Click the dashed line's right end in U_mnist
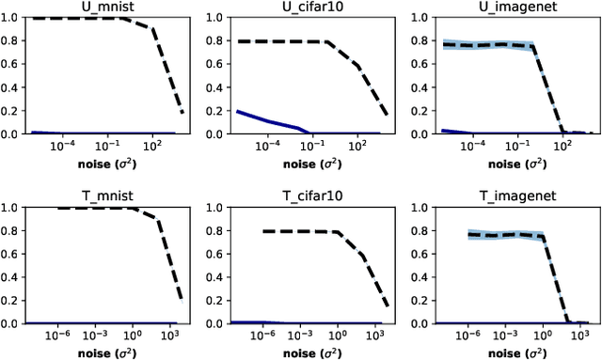182,113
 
